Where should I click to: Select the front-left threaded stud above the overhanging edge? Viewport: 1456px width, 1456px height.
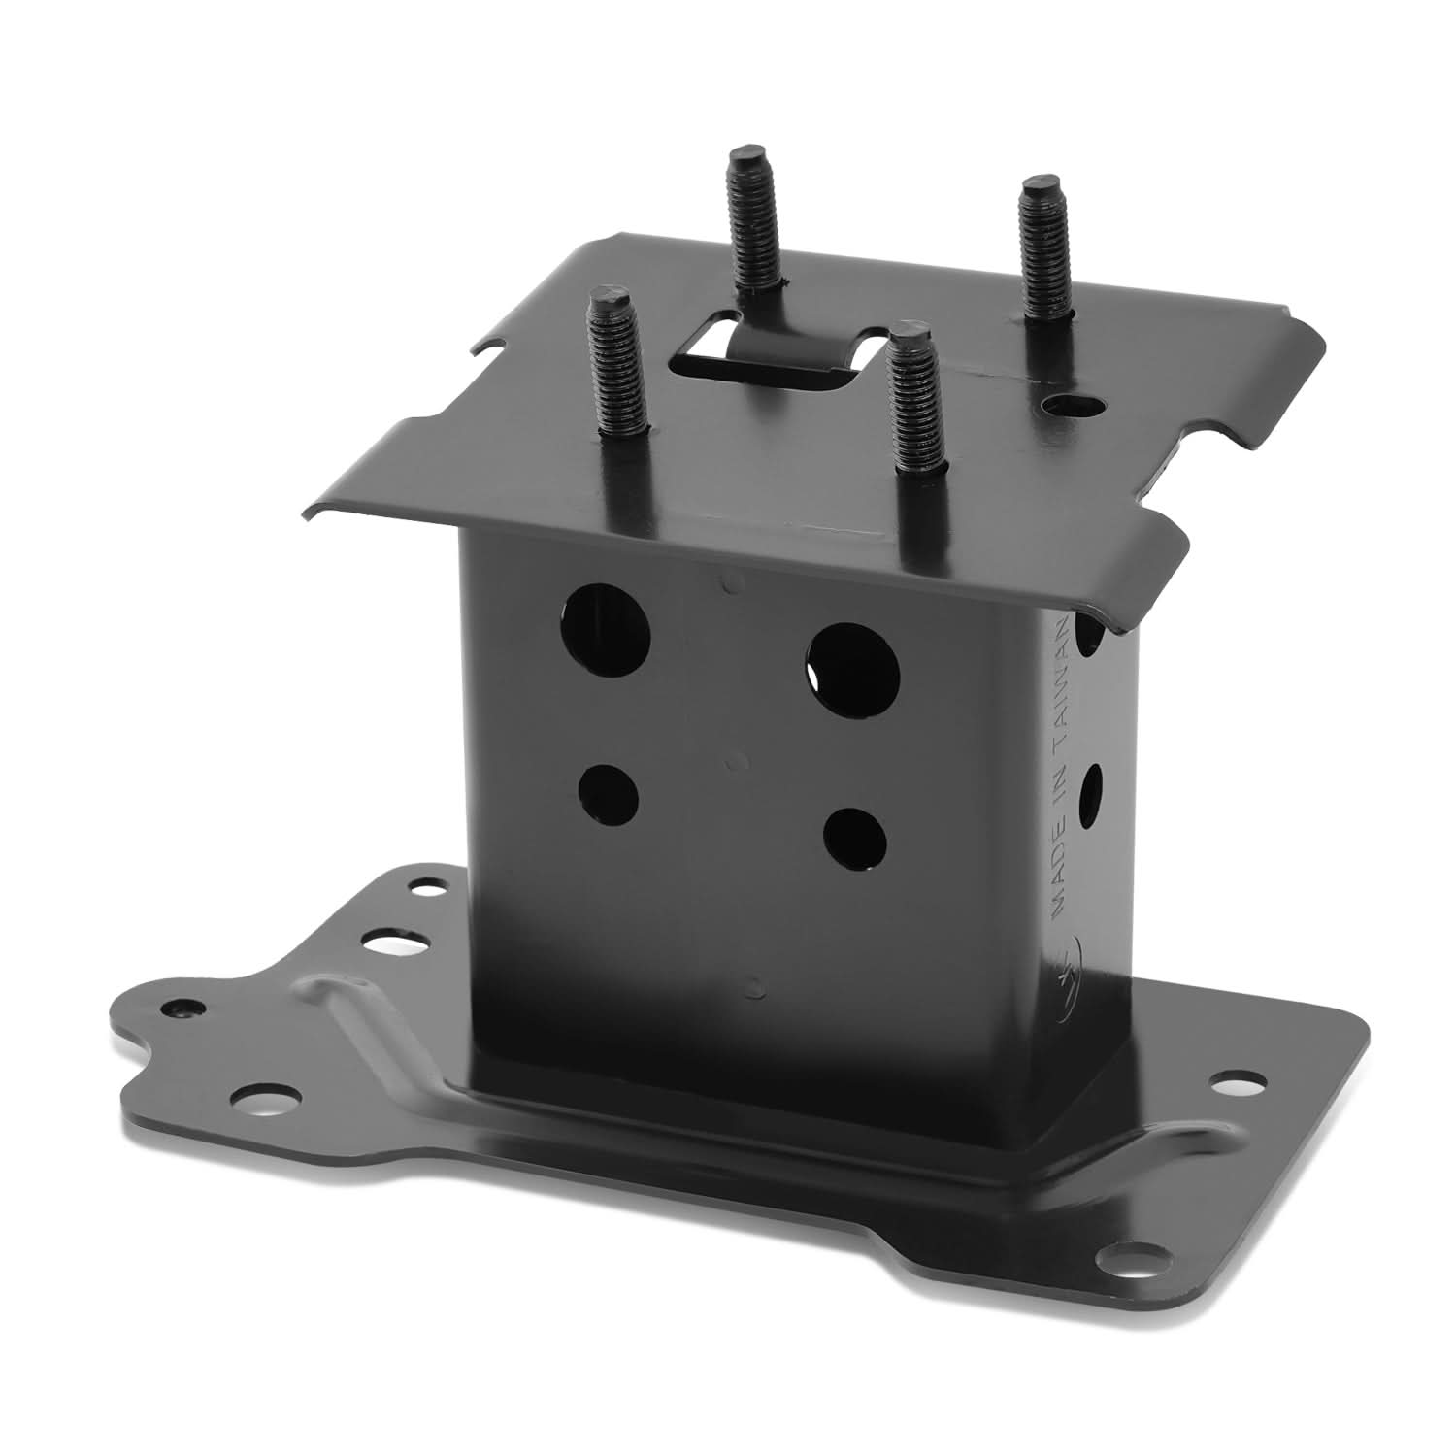coord(618,368)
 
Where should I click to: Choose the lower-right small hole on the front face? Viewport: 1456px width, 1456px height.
coord(853,839)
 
